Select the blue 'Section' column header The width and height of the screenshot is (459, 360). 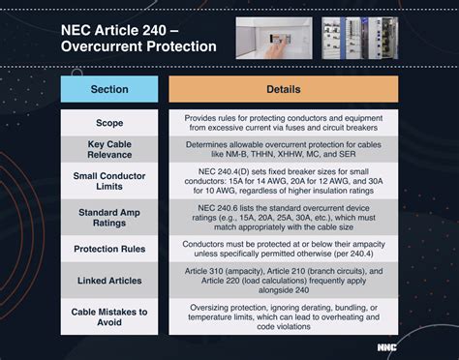[x=109, y=89]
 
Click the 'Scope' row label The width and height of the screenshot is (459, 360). [x=109, y=123]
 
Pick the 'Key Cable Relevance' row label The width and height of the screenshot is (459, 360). [x=109, y=148]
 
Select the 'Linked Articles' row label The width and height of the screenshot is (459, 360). [x=109, y=281]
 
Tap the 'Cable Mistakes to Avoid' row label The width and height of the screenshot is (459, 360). [x=109, y=316]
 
